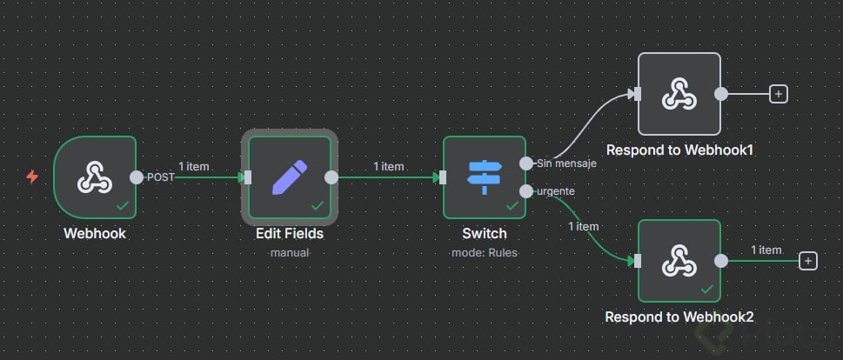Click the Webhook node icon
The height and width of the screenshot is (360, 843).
pos(94,177)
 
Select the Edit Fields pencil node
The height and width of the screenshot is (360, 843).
pos(289,177)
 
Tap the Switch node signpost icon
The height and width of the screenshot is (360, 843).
pos(484,177)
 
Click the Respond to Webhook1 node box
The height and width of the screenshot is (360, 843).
pos(679,94)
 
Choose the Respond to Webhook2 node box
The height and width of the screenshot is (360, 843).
pos(679,260)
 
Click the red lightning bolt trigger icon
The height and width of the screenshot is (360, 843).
pos(32,177)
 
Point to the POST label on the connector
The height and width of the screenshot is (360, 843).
pos(160,177)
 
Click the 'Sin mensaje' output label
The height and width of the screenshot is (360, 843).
pos(566,163)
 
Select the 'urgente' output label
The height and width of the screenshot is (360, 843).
pos(556,190)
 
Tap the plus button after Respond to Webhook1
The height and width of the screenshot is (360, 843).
pos(779,94)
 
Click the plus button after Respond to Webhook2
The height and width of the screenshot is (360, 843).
pos(808,260)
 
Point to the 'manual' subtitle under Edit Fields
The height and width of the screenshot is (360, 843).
pos(289,252)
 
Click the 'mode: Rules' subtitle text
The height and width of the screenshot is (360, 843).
pos(484,252)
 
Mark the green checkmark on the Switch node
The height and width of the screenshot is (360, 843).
pos(513,206)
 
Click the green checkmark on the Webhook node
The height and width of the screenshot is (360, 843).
pos(124,206)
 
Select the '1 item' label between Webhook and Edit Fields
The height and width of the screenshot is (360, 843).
pos(193,165)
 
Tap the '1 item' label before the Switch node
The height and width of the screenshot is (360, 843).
pos(388,165)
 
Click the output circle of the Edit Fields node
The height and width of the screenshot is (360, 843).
pos(331,177)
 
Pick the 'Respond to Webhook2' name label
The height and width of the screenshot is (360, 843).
pos(679,317)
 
